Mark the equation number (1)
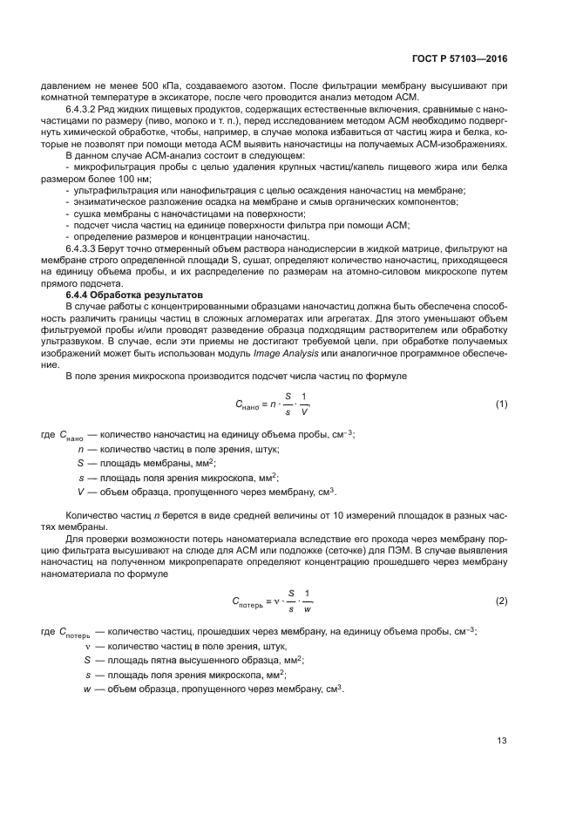point(501,404)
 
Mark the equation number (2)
point(501,601)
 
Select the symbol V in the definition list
point(80,492)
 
